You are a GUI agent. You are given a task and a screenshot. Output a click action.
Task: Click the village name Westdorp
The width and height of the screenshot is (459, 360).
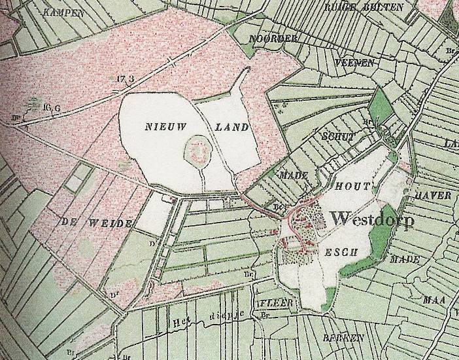tap(373, 220)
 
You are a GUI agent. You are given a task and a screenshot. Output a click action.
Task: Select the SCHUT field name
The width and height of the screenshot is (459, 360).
tap(337, 137)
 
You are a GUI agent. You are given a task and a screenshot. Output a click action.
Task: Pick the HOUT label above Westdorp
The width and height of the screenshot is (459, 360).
tap(353, 187)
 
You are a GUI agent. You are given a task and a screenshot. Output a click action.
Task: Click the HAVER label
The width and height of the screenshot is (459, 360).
tap(432, 195)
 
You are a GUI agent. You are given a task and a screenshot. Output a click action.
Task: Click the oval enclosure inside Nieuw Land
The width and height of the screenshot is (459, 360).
tap(197, 151)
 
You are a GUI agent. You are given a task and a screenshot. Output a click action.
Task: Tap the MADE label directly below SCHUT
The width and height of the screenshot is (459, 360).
tap(292, 176)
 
